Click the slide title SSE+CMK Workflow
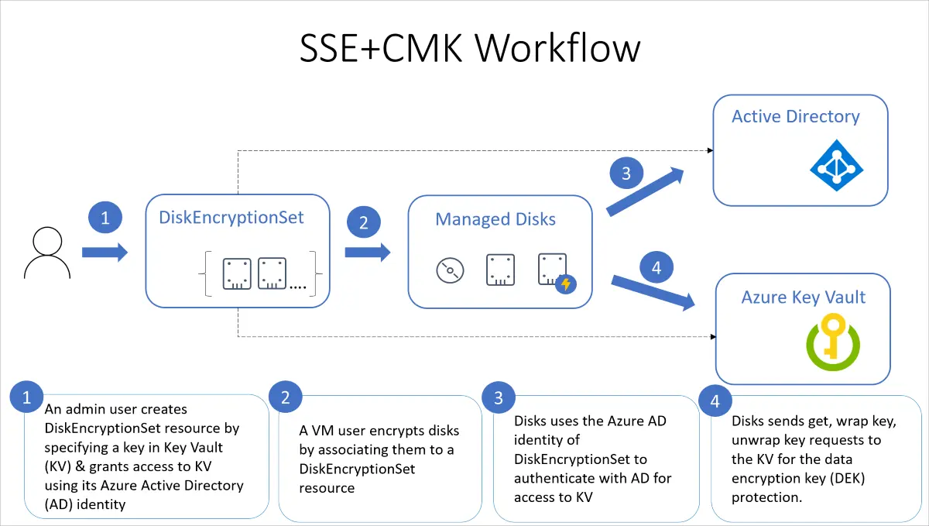pyautogui.click(x=470, y=48)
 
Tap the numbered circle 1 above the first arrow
pyautogui.click(x=105, y=218)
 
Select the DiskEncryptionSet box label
pyautogui.click(x=231, y=218)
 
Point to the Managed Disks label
pyautogui.click(x=495, y=219)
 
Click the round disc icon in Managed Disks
pyautogui.click(x=450, y=270)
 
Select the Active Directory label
pyautogui.click(x=796, y=117)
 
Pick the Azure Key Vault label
pyautogui.click(x=803, y=297)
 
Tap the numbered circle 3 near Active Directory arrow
pyautogui.click(x=626, y=174)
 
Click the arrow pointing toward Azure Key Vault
pyautogui.click(x=653, y=293)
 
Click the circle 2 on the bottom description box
pyautogui.click(x=286, y=398)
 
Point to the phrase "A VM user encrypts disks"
pyautogui.click(x=379, y=431)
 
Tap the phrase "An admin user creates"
pyautogui.click(x=116, y=409)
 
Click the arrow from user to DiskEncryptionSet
pyautogui.click(x=105, y=252)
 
